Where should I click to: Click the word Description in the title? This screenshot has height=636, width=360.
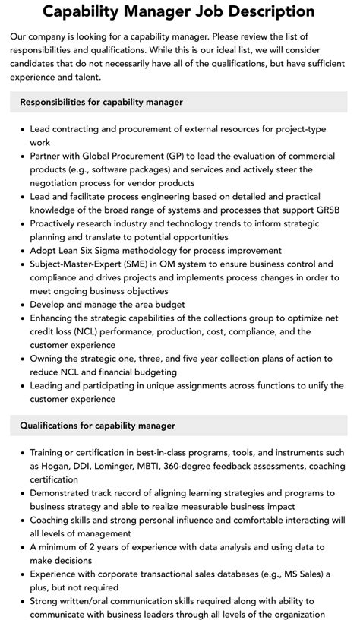coord(268,11)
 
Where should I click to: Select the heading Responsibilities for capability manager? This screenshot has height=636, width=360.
coord(101,102)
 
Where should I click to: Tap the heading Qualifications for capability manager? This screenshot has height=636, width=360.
coord(97,426)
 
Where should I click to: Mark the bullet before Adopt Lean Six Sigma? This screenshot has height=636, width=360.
coord(22,250)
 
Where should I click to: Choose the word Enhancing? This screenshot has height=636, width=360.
coord(56,318)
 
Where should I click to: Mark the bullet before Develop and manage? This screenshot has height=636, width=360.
coord(22,305)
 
